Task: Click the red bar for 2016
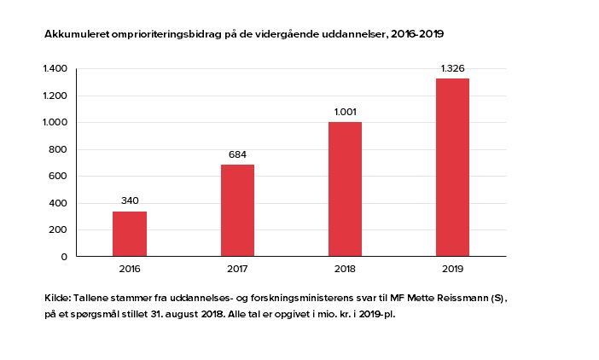click(x=130, y=234)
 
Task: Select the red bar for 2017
click(x=237, y=210)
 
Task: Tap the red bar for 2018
click(x=345, y=189)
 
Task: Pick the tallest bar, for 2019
click(x=452, y=167)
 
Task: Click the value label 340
click(x=130, y=201)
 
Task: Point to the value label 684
click(x=237, y=154)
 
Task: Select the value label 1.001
click(x=345, y=112)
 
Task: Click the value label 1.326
click(x=452, y=68)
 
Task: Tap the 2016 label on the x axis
click(x=130, y=269)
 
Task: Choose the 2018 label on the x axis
click(x=345, y=269)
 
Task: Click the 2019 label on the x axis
click(x=452, y=269)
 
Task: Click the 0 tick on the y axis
click(x=64, y=257)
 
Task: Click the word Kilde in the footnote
click(x=57, y=299)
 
